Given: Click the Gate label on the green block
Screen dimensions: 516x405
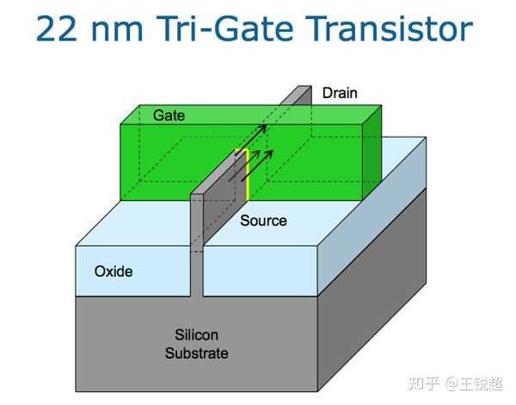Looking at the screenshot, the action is (x=169, y=115).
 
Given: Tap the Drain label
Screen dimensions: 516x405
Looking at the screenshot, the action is (x=340, y=93).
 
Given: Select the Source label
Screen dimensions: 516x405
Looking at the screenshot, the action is (x=263, y=220).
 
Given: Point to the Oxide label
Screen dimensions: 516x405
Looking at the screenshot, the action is (x=114, y=272).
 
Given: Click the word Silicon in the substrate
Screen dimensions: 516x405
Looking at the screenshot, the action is (x=196, y=335).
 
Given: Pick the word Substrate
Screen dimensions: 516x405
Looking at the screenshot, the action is (x=196, y=353).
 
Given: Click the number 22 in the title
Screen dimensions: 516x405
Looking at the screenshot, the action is (x=56, y=29).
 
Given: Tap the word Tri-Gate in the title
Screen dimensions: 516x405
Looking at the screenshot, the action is (x=224, y=28).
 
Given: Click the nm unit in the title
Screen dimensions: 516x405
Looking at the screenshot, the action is (x=117, y=32).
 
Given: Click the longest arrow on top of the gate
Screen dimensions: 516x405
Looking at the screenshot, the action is (x=251, y=140).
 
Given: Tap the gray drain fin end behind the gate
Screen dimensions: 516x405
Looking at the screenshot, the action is (x=296, y=95).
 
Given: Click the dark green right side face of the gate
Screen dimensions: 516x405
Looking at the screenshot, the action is (x=372, y=153).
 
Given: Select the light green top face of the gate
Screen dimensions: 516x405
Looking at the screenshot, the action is (x=251, y=115).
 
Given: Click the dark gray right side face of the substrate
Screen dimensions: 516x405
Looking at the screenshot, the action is (x=372, y=290).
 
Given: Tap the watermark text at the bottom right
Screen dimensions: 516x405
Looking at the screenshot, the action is (x=455, y=384).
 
